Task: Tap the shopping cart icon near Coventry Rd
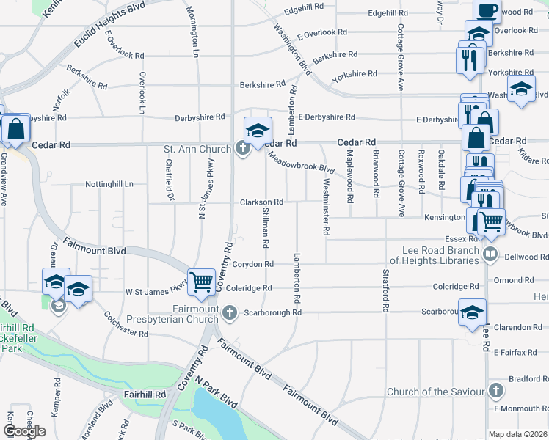tap(200, 281)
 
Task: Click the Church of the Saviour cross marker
tap(497, 392)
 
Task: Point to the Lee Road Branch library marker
tap(491, 255)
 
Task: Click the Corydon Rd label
tap(253, 264)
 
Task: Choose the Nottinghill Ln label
tap(109, 183)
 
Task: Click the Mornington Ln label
tap(193, 31)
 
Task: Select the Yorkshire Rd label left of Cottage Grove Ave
tap(354, 74)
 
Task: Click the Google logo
tap(24, 430)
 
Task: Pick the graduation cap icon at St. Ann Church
tap(258, 131)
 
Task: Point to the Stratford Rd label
tap(385, 291)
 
